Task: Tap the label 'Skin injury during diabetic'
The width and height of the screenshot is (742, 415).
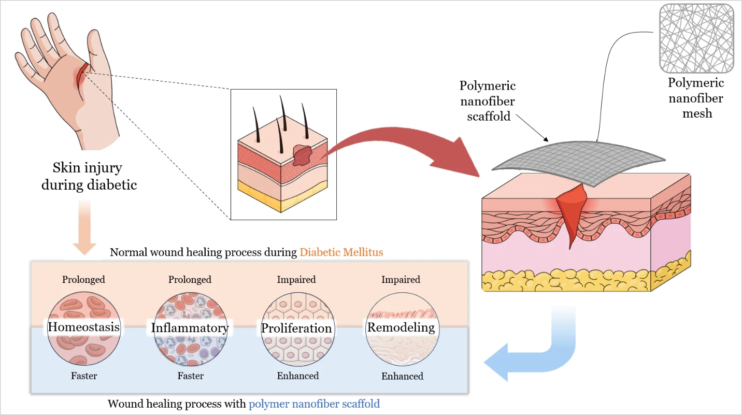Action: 89,176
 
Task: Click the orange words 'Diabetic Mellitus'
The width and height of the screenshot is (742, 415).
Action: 341,252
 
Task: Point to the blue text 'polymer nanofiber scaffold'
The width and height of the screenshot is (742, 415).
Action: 314,403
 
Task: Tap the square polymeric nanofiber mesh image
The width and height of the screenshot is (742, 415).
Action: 696,38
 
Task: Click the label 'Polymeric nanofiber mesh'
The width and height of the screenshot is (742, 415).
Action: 696,98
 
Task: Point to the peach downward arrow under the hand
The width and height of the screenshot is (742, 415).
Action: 84,228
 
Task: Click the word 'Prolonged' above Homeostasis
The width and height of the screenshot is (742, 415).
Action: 83,279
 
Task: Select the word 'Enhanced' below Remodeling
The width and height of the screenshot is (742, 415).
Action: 402,376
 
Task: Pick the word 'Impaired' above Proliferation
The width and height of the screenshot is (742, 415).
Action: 296,279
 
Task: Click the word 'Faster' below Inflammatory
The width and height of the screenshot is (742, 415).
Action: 190,376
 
